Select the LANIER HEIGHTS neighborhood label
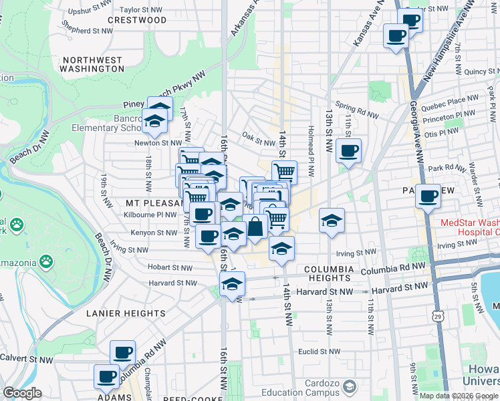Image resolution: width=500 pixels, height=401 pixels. (126, 313)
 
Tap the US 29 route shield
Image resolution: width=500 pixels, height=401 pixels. (439, 315)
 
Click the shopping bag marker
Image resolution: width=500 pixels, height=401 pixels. (255, 227)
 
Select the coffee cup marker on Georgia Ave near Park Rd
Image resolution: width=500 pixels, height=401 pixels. (428, 196)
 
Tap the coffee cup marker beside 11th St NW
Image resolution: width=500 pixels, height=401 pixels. (348, 151)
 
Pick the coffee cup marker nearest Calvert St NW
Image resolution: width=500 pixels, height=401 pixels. (122, 353)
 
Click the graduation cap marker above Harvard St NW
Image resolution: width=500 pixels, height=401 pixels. (232, 283)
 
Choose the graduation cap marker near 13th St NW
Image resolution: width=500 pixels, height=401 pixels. (332, 221)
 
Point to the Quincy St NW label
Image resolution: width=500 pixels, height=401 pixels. (480, 71)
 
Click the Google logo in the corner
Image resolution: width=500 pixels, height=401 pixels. (22, 393)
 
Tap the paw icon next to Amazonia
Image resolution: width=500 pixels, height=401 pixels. (46, 260)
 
